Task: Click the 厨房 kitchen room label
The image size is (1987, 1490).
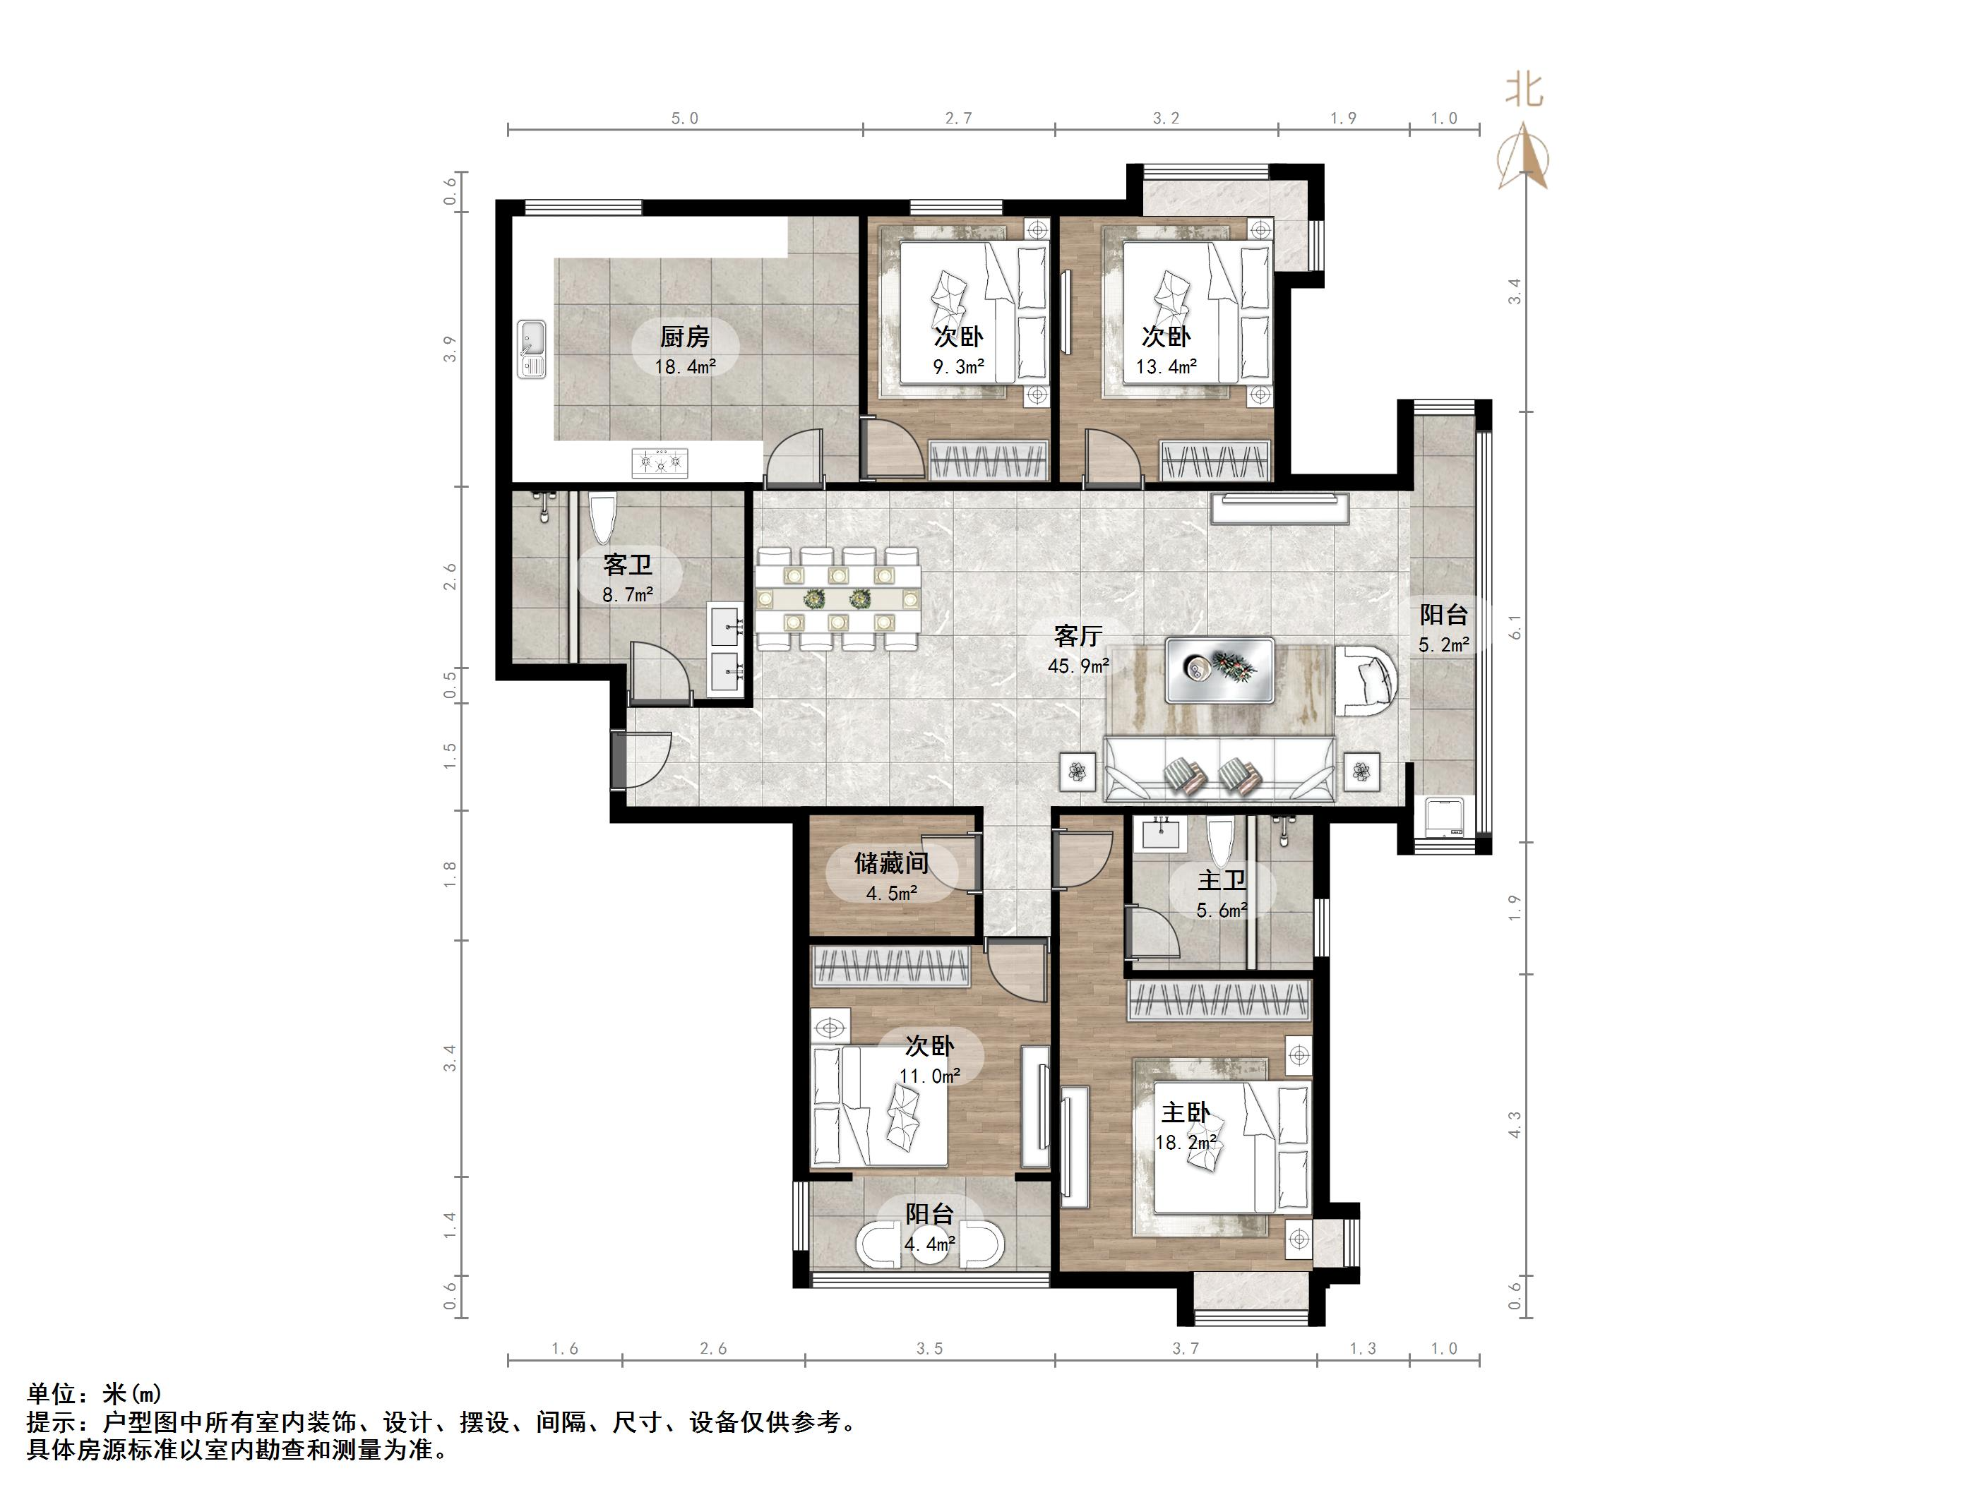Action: tap(684, 337)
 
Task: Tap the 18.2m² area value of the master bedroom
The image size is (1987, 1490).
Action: tap(1186, 1143)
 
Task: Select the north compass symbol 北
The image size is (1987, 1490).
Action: tap(1524, 90)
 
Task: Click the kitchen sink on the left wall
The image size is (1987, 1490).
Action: tap(532, 350)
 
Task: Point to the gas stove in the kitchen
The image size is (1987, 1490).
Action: tap(660, 462)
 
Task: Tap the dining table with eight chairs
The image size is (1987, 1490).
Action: tap(838, 598)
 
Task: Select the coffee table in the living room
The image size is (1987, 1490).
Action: tap(1220, 670)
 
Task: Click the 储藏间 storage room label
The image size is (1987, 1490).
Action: tap(891, 863)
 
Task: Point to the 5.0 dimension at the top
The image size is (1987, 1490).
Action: tap(684, 119)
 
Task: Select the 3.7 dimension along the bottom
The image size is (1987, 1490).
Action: tap(1185, 1348)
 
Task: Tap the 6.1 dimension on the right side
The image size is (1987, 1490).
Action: tap(1515, 627)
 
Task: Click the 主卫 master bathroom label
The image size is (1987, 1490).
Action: tap(1222, 880)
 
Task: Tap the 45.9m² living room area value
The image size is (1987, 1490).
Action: tap(1078, 666)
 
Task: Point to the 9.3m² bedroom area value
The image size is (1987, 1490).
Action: tap(958, 366)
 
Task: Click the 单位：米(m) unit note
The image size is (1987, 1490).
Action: tap(95, 1394)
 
